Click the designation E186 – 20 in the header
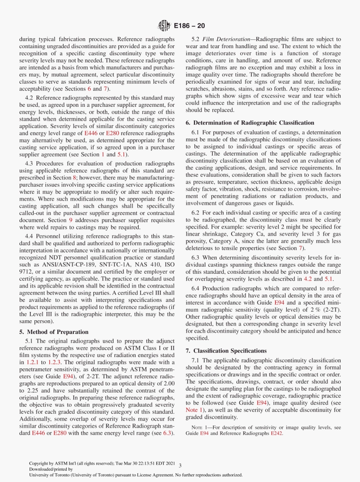189,26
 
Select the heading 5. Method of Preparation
54,332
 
